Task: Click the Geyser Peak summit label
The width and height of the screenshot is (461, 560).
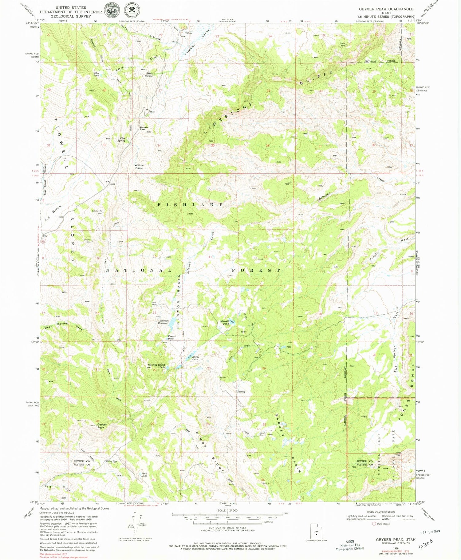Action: click(102, 426)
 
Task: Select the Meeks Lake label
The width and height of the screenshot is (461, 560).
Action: click(196, 358)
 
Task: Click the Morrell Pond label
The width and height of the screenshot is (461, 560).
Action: click(225, 323)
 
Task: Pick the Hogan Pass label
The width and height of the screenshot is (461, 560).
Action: click(143, 128)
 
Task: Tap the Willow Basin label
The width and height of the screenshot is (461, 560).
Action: click(139, 167)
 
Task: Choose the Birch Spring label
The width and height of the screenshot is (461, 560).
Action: click(149, 75)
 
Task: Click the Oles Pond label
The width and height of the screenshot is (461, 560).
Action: click(96, 74)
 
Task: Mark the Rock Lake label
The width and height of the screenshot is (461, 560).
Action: click(144, 474)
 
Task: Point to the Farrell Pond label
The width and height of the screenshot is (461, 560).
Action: click(172, 337)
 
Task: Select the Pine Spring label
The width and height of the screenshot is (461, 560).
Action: click(122, 139)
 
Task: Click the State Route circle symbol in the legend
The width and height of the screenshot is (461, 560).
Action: click(374, 523)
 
